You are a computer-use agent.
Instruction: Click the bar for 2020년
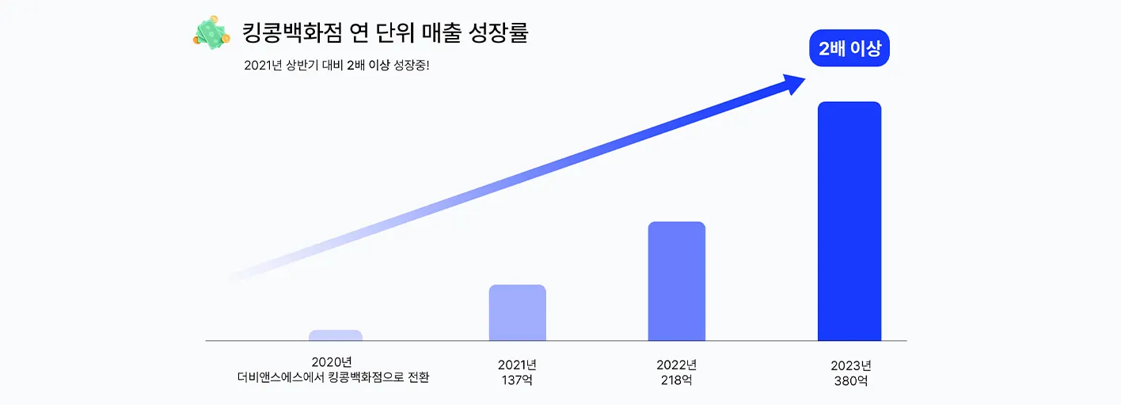336,335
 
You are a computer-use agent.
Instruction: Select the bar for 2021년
518,312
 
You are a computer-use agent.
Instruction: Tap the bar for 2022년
676,281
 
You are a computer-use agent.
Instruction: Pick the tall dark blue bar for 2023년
849,221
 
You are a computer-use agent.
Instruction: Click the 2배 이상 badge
849,48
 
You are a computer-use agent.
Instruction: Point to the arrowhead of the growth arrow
793,82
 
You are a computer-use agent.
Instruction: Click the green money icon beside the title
210,34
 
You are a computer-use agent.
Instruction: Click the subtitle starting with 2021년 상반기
336,66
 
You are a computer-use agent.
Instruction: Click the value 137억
518,380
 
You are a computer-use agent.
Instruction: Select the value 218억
676,380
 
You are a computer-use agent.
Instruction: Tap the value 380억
851,380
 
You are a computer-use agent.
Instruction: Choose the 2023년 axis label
851,365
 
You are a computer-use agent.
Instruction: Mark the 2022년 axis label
676,365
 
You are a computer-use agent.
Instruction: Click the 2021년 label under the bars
518,365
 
